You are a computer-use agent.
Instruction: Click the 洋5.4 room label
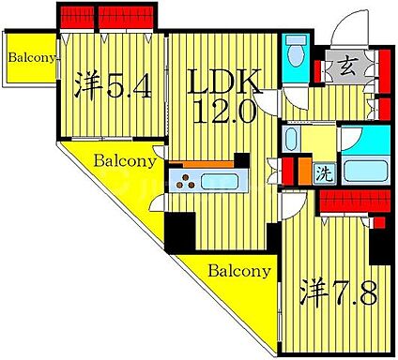pyautogui.click(x=110, y=87)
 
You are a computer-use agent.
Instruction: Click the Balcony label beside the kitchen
pyautogui.click(x=125, y=160)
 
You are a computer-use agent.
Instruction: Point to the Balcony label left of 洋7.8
pyautogui.click(x=238, y=272)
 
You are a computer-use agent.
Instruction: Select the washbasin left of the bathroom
pyautogui.click(x=292, y=142)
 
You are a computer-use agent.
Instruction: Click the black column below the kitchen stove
pyautogui.click(x=177, y=229)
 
